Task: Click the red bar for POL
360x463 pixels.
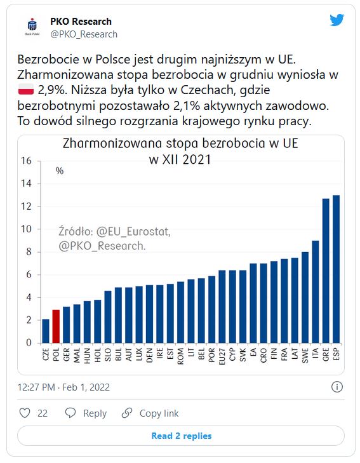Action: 56,326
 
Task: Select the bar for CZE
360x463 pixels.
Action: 46,331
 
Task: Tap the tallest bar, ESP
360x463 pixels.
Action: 336,269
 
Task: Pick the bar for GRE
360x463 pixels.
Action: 326,271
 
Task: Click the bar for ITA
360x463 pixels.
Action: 316,292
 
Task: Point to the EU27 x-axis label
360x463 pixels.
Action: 222,356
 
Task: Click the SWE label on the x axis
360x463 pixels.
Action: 305,355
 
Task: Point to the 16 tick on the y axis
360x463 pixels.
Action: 26,161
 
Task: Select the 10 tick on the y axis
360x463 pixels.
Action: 26,229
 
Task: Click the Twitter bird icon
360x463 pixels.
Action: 337,20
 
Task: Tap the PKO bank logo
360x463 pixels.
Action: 32,27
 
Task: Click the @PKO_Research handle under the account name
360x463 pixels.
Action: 84,34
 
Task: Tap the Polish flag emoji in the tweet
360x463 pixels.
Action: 26,89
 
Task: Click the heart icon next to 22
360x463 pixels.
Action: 25,413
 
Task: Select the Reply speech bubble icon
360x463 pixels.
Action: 70,413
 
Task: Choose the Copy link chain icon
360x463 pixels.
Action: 127,413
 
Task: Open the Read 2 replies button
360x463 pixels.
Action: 181,436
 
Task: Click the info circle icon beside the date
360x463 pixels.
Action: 337,387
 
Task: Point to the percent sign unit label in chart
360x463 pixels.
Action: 60,171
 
